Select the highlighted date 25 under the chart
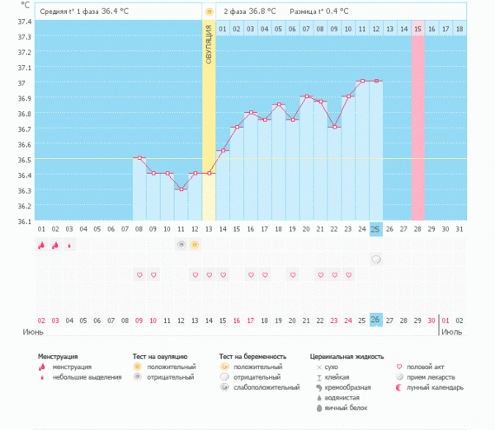(375, 228)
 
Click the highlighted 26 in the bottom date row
(375, 320)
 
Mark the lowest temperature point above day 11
(181, 189)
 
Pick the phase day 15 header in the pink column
(417, 29)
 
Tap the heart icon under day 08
(139, 274)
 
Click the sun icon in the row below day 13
(195, 245)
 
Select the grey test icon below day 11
(181, 245)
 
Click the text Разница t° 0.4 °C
(318, 12)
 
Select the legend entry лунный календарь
(433, 387)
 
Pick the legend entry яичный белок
(344, 408)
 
